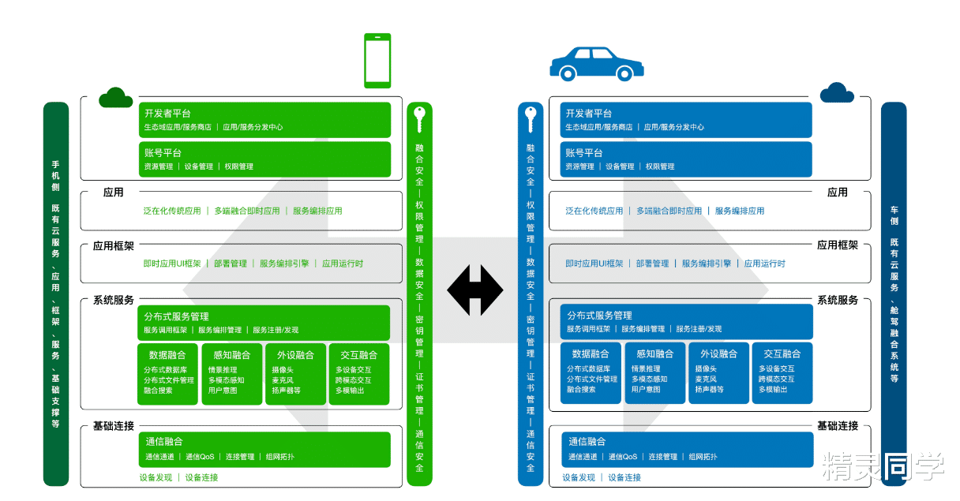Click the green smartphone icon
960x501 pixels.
click(x=377, y=61)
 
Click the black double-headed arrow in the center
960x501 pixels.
click(x=474, y=290)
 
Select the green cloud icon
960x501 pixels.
click(x=115, y=97)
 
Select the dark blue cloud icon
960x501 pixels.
click(x=837, y=93)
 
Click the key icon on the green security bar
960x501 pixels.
click(x=419, y=119)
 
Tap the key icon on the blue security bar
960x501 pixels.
click(x=531, y=119)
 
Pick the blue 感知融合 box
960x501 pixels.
click(x=654, y=373)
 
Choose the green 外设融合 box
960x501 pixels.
click(x=295, y=373)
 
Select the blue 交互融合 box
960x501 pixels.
click(x=782, y=373)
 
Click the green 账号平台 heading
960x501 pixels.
click(x=163, y=152)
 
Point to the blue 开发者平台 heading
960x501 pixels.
click(x=588, y=113)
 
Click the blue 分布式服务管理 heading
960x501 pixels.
click(x=599, y=316)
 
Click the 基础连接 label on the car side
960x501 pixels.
click(x=838, y=426)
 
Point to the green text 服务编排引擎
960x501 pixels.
click(x=284, y=264)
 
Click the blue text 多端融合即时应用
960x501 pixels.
click(x=669, y=211)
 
